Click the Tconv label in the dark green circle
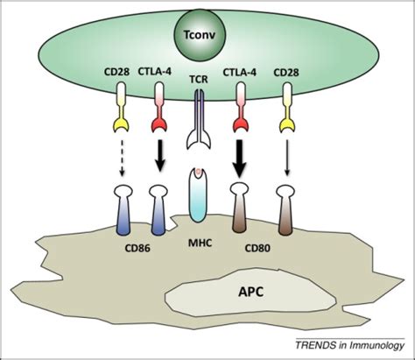click(x=200, y=35)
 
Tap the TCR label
click(x=199, y=80)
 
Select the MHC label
click(x=200, y=243)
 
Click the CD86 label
click(x=137, y=249)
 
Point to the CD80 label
click(x=257, y=248)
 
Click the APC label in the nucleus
click(x=251, y=292)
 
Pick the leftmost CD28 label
click(x=116, y=72)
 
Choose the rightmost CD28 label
click(x=286, y=72)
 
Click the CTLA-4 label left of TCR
click(x=154, y=72)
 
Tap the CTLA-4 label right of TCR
click(x=240, y=72)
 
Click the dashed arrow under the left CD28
click(x=123, y=158)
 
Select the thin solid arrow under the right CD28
click(x=287, y=158)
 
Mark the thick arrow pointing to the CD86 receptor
click(x=159, y=158)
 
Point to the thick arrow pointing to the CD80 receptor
click(x=239, y=159)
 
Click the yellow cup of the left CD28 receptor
click(x=121, y=126)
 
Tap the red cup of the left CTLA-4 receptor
click(x=159, y=126)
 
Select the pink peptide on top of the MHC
click(x=199, y=173)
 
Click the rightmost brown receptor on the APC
click(x=285, y=210)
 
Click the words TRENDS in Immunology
click(x=350, y=345)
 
